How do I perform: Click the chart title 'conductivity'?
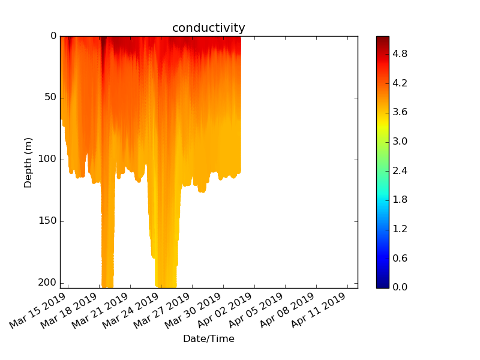(x=208, y=28)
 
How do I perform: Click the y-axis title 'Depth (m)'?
(x=28, y=163)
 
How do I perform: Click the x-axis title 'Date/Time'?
(x=209, y=338)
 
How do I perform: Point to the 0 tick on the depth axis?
(x=53, y=36)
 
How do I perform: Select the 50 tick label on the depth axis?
(x=50, y=97)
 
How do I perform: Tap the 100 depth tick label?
(x=47, y=159)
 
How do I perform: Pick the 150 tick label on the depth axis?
(x=47, y=221)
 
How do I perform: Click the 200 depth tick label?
(x=47, y=282)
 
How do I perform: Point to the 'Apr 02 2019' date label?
(x=224, y=310)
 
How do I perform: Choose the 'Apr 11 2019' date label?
(x=319, y=310)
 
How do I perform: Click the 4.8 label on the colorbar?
(x=400, y=54)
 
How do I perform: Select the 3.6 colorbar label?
(x=400, y=112)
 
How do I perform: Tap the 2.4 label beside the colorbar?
(x=400, y=170)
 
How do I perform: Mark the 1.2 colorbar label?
(x=400, y=229)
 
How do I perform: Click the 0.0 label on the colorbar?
(x=400, y=287)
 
